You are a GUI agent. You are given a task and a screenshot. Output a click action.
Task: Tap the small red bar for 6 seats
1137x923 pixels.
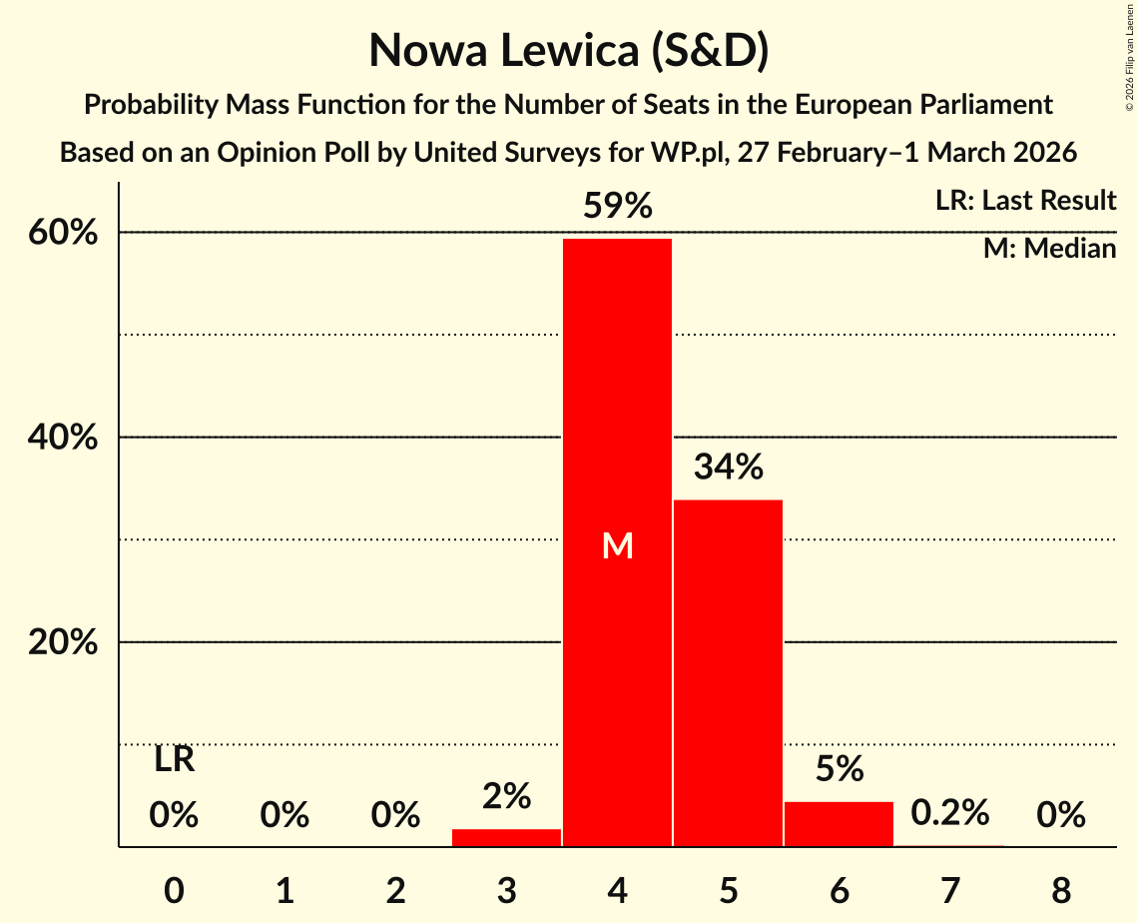(839, 824)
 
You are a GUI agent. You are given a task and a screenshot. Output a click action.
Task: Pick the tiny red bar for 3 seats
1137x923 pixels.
(506, 837)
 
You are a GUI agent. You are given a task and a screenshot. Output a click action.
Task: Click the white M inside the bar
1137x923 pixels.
(618, 546)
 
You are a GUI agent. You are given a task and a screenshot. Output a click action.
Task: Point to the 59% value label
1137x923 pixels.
(618, 207)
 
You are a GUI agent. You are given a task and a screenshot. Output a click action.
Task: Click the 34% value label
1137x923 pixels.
(728, 466)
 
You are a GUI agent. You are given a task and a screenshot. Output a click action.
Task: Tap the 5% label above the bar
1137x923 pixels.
(839, 768)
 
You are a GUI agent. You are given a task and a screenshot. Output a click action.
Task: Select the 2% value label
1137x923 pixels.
(506, 796)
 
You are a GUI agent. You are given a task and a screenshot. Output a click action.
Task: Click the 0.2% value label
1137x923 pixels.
(949, 812)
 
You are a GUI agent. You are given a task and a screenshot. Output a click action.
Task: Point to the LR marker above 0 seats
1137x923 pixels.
(174, 760)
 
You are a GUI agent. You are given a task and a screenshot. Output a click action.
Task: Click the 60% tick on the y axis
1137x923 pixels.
(62, 233)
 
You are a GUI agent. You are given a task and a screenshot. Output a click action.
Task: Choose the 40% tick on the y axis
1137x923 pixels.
(62, 438)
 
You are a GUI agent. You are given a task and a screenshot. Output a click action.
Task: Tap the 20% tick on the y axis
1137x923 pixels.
(62, 643)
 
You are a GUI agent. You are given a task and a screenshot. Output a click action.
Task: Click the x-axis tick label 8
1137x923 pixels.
(1060, 888)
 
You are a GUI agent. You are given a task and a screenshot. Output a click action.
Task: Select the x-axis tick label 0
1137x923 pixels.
(174, 888)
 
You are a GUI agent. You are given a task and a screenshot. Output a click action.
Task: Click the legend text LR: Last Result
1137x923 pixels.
(1025, 201)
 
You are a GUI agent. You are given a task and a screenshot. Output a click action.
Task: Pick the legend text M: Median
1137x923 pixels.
(1049, 249)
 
